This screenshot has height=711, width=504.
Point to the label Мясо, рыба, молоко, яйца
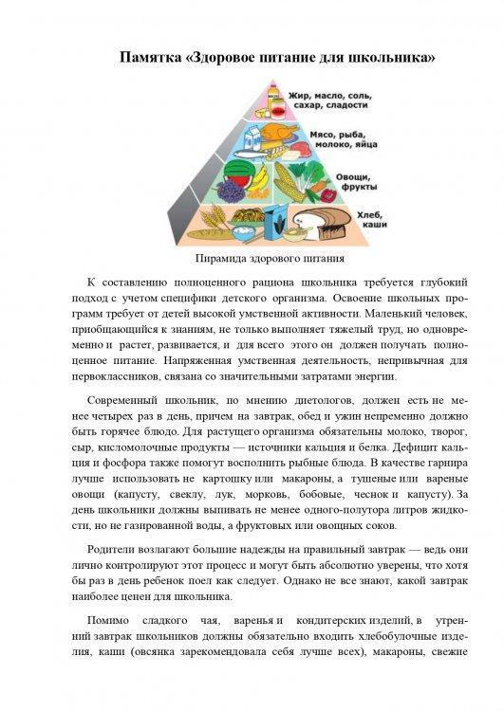click(337, 142)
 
